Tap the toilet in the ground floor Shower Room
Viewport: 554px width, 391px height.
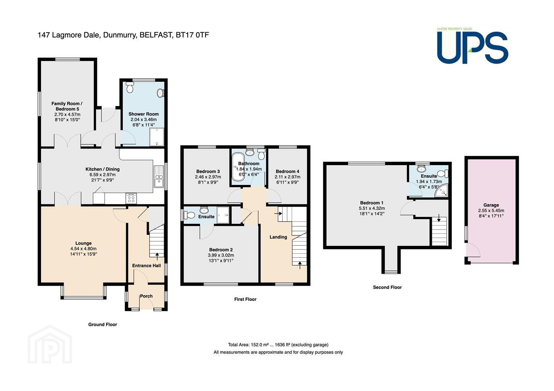(x=130, y=87)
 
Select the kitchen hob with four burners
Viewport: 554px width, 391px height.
(x=131, y=198)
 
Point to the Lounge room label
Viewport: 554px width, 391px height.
(x=83, y=243)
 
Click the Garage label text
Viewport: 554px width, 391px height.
(x=491, y=205)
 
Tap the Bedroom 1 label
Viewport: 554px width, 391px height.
(x=371, y=203)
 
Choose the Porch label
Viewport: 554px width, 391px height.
(x=146, y=296)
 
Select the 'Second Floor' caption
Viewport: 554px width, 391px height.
(x=387, y=287)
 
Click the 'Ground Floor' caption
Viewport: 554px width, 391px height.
(x=103, y=324)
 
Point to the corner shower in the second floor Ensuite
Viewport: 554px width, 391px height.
(x=442, y=190)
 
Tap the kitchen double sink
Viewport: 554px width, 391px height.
(x=159, y=176)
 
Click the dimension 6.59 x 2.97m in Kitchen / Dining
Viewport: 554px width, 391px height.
(x=103, y=175)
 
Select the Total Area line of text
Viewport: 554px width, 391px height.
(x=278, y=345)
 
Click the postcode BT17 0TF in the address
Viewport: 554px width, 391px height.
(x=192, y=35)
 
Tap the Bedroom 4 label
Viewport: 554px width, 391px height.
(x=287, y=171)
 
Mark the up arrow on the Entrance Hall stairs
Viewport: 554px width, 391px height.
(x=157, y=256)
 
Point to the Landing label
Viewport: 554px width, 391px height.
(x=278, y=237)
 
